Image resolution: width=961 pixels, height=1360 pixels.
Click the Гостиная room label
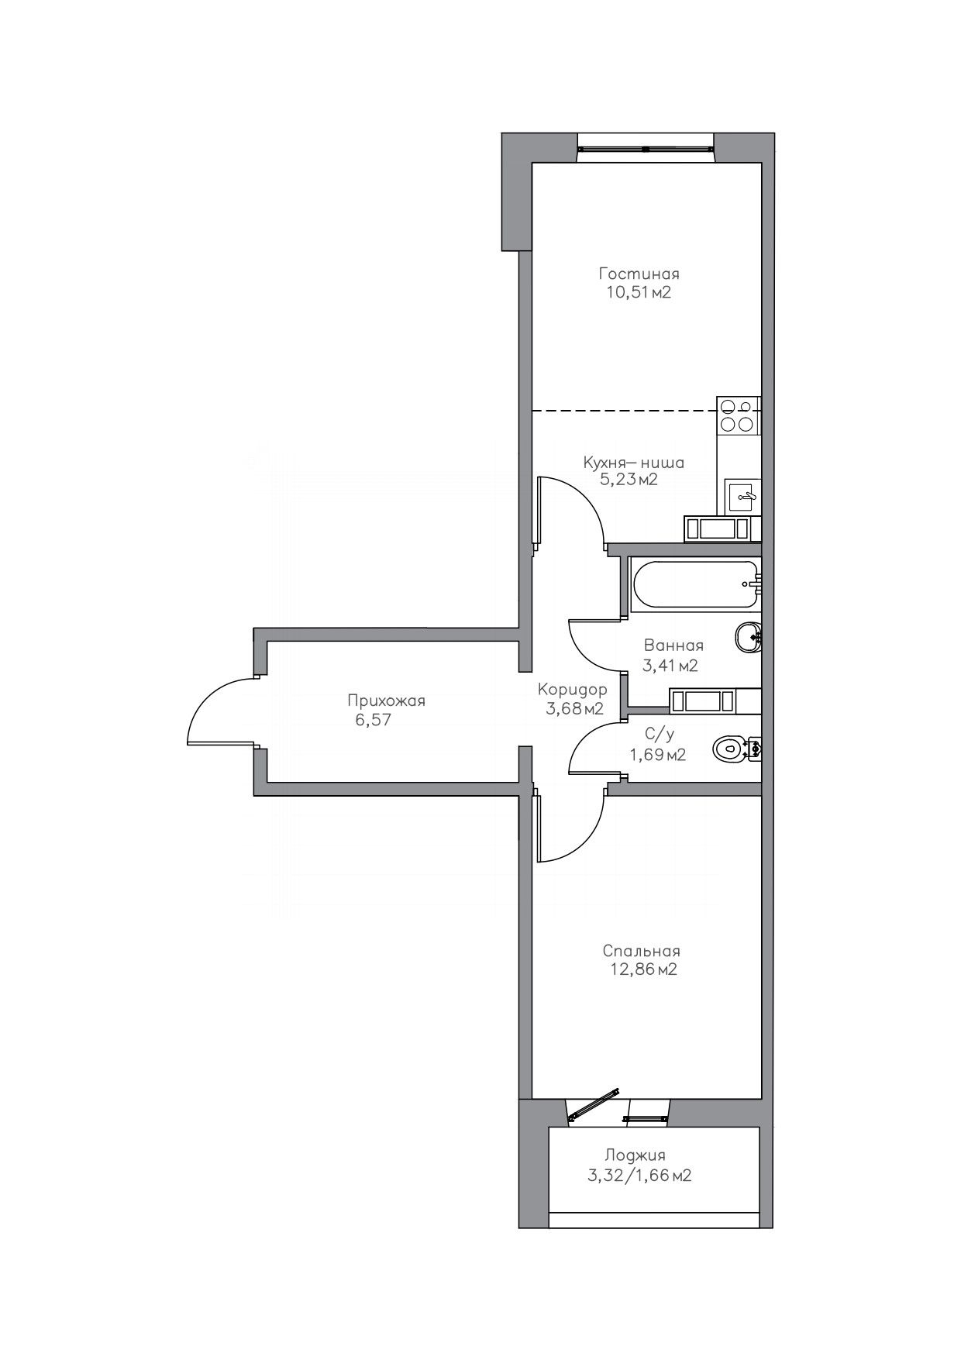pyautogui.click(x=639, y=274)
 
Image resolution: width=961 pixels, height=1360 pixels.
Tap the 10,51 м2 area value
pyautogui.click(x=639, y=293)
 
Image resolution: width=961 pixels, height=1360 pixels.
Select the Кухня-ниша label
pyautogui.click(x=634, y=463)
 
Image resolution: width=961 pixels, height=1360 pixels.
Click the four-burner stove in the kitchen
pyautogui.click(x=737, y=415)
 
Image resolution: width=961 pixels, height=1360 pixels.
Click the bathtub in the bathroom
pyautogui.click(x=694, y=584)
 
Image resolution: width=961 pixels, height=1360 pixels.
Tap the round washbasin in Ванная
pyautogui.click(x=748, y=639)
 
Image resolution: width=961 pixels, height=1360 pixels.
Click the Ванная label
pyautogui.click(x=673, y=646)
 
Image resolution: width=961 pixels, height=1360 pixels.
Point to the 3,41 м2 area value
pyautogui.click(x=670, y=665)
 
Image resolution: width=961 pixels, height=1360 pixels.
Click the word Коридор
pyautogui.click(x=573, y=690)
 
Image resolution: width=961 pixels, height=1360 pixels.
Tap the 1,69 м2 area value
pyautogui.click(x=658, y=755)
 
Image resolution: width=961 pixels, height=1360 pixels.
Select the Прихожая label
pyautogui.click(x=386, y=701)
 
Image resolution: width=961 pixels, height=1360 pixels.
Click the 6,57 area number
pyautogui.click(x=372, y=720)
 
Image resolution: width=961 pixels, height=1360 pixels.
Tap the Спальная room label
pyautogui.click(x=642, y=951)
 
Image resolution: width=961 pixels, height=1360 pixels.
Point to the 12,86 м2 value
pyautogui.click(x=643, y=969)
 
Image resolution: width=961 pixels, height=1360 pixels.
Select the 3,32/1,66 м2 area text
pyautogui.click(x=639, y=1176)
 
